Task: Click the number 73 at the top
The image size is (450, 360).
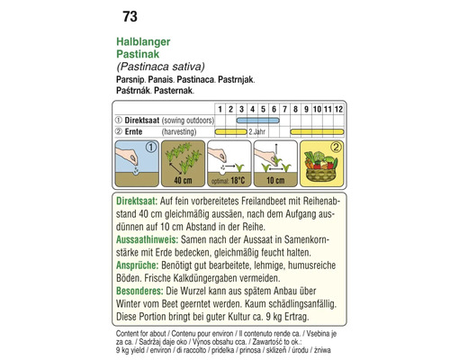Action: click(x=127, y=16)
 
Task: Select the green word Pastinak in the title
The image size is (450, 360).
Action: click(x=139, y=55)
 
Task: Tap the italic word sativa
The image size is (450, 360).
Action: click(x=186, y=67)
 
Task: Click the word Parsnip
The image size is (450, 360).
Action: click(x=133, y=79)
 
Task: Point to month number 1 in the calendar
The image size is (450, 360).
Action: click(x=219, y=109)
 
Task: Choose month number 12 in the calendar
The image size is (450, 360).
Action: click(x=337, y=109)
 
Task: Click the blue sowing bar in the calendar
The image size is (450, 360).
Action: click(x=257, y=120)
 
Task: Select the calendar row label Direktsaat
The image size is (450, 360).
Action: click(x=148, y=120)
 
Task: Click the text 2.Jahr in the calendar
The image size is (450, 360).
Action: click(x=256, y=131)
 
